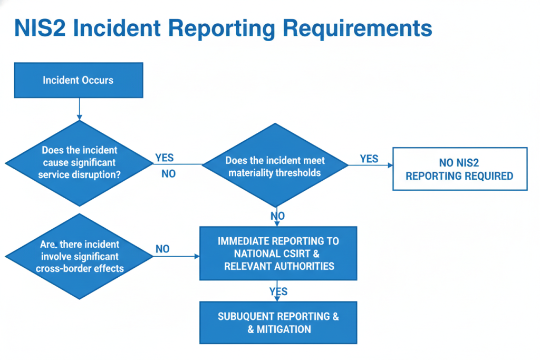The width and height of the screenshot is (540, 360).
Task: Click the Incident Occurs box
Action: pos(78,80)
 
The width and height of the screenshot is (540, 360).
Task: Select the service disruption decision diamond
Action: pos(79,162)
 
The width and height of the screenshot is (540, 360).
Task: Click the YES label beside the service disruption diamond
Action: pos(165,158)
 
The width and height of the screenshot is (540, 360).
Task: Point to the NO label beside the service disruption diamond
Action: pos(169,174)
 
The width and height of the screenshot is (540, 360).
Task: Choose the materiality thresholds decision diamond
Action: pos(275,166)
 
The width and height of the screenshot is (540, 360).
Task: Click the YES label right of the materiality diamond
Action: pos(369,159)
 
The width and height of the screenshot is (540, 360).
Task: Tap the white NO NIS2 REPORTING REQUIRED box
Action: pos(459,169)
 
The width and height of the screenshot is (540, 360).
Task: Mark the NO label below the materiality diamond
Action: pos(277,216)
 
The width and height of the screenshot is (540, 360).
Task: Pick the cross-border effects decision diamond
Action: pos(79,256)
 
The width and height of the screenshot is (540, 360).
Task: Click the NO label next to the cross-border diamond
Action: pos(163,249)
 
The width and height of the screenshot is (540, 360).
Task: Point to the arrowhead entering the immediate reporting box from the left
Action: pos(197,257)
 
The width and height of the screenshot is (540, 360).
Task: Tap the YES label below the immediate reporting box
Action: pos(278,291)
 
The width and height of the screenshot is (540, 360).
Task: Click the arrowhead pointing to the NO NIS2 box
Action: pos(390,165)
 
